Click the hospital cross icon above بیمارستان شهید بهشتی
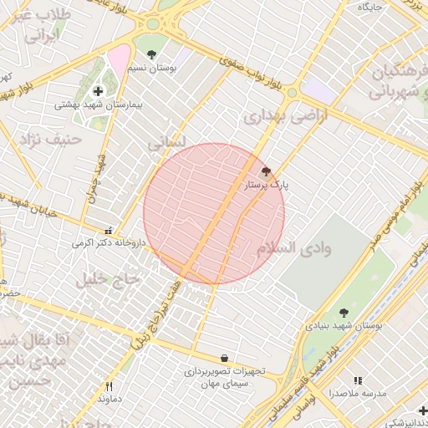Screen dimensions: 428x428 click(x=99, y=91)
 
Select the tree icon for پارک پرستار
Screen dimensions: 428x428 click(x=266, y=171)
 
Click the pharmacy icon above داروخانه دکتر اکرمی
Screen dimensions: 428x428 click(x=107, y=230)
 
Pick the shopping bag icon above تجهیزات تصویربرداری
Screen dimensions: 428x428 click(x=224, y=358)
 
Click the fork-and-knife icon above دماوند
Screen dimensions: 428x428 click(x=109, y=386)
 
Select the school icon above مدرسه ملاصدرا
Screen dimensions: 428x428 click(x=358, y=380)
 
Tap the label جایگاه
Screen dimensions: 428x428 click(x=369, y=7)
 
